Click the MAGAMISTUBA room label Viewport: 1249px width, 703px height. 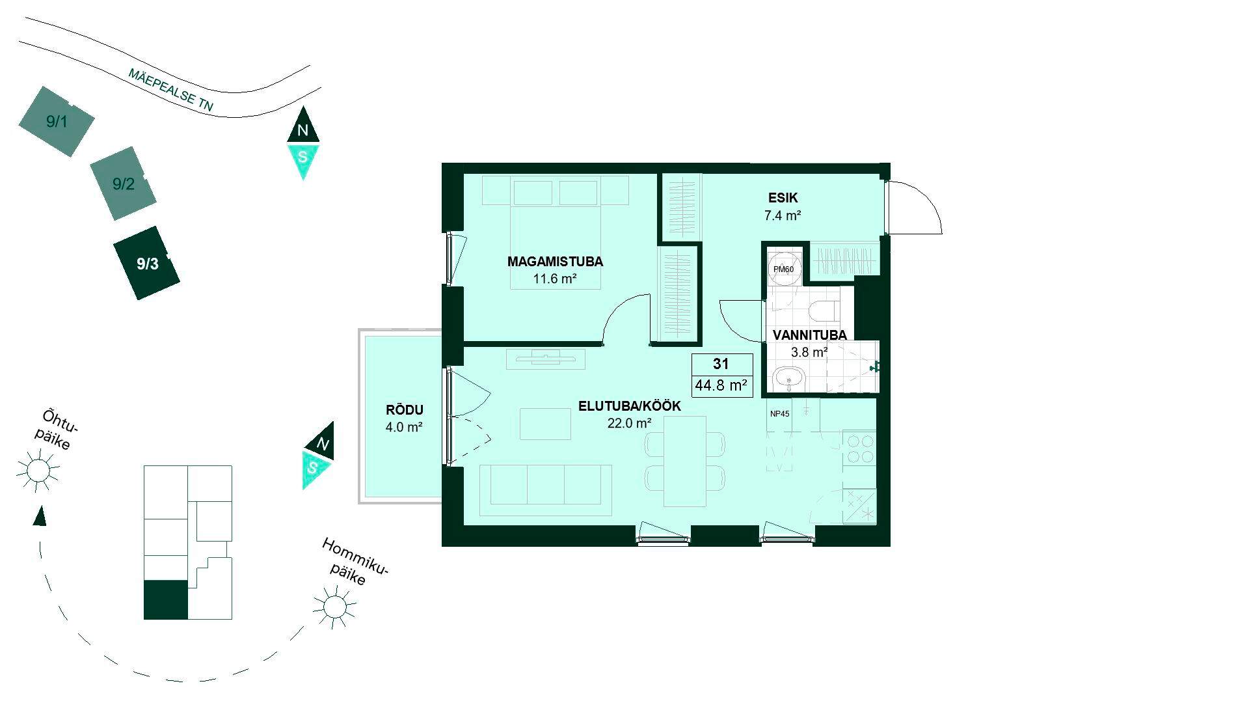click(555, 262)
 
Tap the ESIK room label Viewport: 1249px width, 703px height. click(783, 198)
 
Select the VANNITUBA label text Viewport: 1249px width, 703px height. click(809, 335)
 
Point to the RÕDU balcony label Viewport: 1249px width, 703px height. click(405, 410)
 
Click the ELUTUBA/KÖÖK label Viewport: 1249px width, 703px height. click(630, 406)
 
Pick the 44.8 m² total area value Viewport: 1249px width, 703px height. click(721, 385)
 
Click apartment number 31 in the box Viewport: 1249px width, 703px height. click(721, 364)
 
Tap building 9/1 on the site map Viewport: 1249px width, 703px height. click(57, 122)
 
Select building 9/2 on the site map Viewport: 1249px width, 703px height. click(123, 184)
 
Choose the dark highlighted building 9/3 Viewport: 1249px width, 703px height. click(147, 264)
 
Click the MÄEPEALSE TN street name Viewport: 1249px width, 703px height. click(170, 90)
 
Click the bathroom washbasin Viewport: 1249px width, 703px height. click(789, 378)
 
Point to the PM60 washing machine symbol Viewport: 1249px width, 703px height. click(783, 268)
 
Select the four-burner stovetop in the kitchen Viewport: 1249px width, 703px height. click(859, 449)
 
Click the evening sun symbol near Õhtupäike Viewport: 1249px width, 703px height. click(38, 470)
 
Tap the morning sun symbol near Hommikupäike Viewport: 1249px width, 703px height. click(335, 607)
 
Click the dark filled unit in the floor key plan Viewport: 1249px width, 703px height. click(166, 600)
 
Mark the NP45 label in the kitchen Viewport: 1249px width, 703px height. click(779, 413)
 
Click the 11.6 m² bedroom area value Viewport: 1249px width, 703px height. click(555, 279)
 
